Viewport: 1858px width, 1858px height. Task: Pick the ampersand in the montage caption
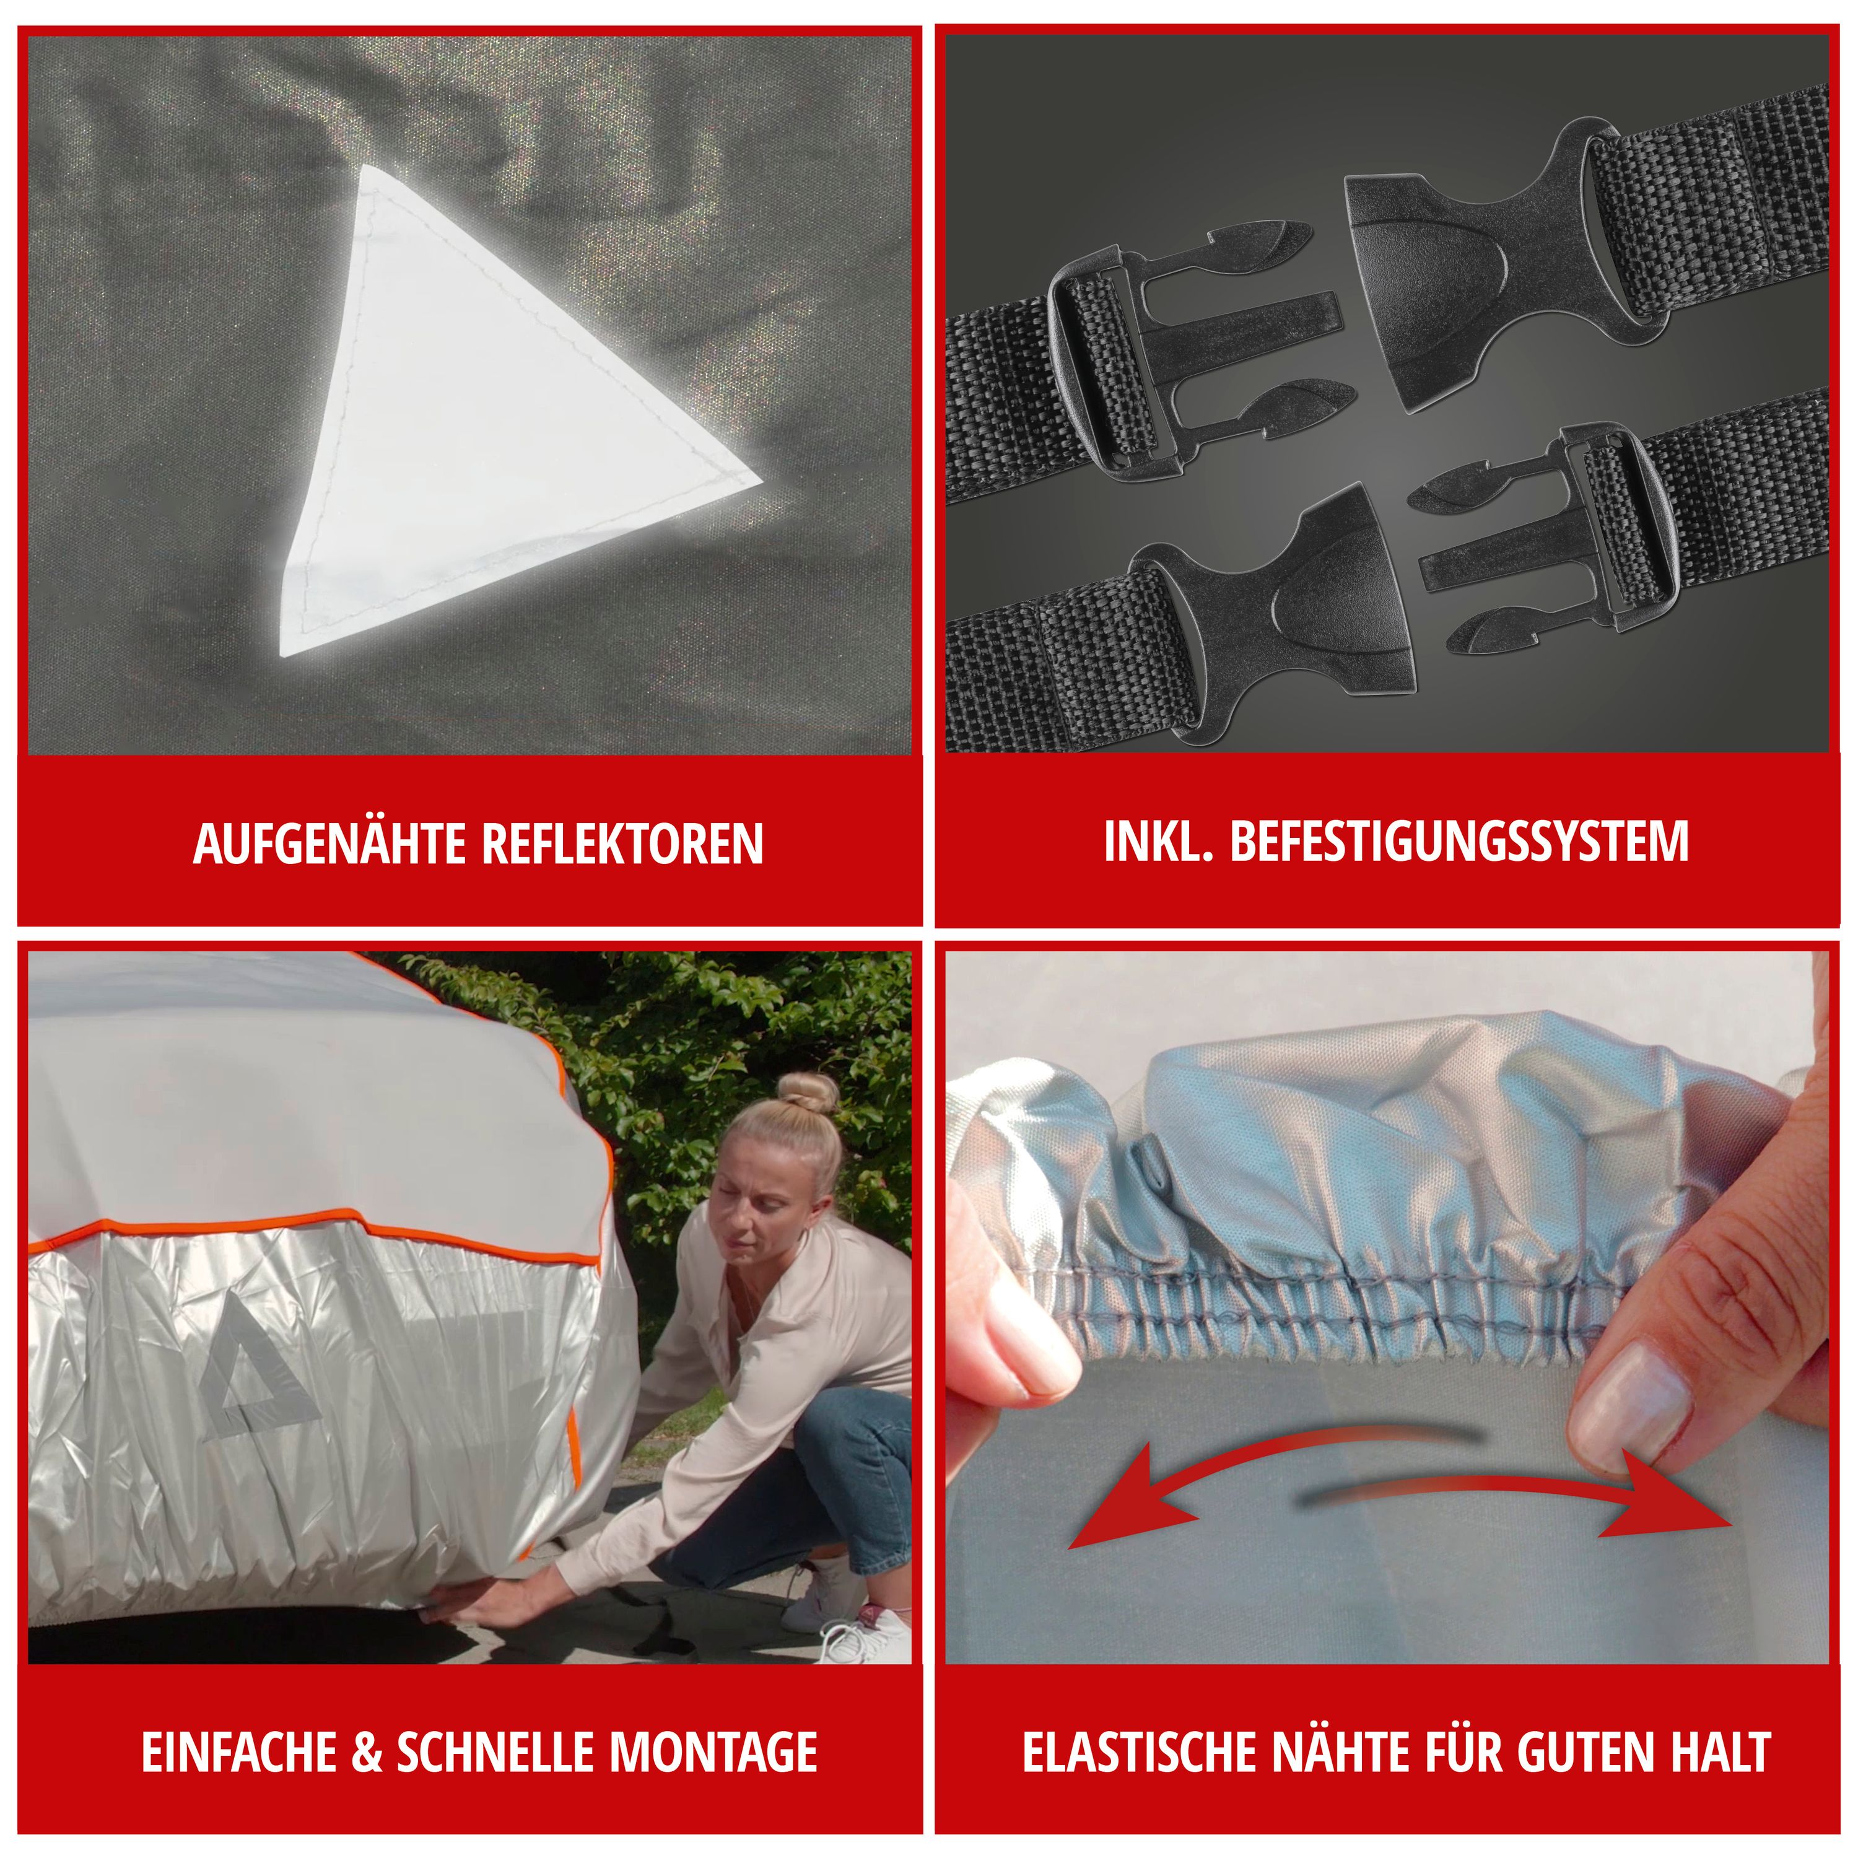click(367, 1752)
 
